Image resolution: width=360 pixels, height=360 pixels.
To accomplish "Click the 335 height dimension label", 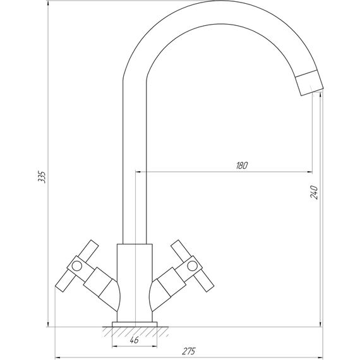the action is coord(42,177).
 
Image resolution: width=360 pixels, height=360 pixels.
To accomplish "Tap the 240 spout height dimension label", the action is coord(314,192).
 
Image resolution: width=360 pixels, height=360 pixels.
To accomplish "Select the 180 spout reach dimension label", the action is coord(242,165).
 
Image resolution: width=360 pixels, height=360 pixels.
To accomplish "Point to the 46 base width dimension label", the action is coord(134,340).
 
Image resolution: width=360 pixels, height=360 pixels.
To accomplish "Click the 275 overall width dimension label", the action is coord(189,351).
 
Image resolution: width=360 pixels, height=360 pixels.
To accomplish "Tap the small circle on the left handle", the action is coord(76,266).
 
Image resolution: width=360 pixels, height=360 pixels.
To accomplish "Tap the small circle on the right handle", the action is coord(192,266).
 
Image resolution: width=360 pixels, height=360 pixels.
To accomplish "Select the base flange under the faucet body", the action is coord(135,324).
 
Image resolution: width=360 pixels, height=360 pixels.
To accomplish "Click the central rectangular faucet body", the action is coord(135,283).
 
